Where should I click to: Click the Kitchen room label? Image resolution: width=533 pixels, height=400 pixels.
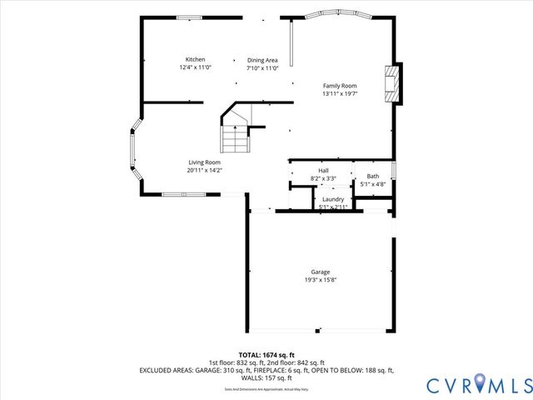(195, 59)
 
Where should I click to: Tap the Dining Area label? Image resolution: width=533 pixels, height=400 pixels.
(262, 59)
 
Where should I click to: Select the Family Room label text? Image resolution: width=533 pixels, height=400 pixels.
(340, 86)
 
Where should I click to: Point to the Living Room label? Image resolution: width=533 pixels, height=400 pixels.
(204, 162)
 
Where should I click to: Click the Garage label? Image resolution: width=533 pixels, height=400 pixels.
(321, 272)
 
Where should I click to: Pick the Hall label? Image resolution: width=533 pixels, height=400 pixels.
(322, 170)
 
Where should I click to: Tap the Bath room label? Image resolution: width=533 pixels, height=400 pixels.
(372, 176)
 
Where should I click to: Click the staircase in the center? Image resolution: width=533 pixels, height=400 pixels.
(237, 133)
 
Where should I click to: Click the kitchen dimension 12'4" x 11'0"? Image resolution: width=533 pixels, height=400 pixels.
(195, 67)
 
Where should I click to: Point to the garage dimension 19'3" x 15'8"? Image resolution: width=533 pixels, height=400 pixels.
(321, 280)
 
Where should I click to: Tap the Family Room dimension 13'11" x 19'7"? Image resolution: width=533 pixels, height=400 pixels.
(340, 94)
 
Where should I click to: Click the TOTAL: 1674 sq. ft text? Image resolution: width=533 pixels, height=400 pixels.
(266, 355)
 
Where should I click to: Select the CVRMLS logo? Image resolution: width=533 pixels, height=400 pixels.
(478, 384)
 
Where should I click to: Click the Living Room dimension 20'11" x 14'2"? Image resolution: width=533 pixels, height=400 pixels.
(204, 170)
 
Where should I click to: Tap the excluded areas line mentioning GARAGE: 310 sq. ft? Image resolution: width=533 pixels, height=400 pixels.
(266, 370)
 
